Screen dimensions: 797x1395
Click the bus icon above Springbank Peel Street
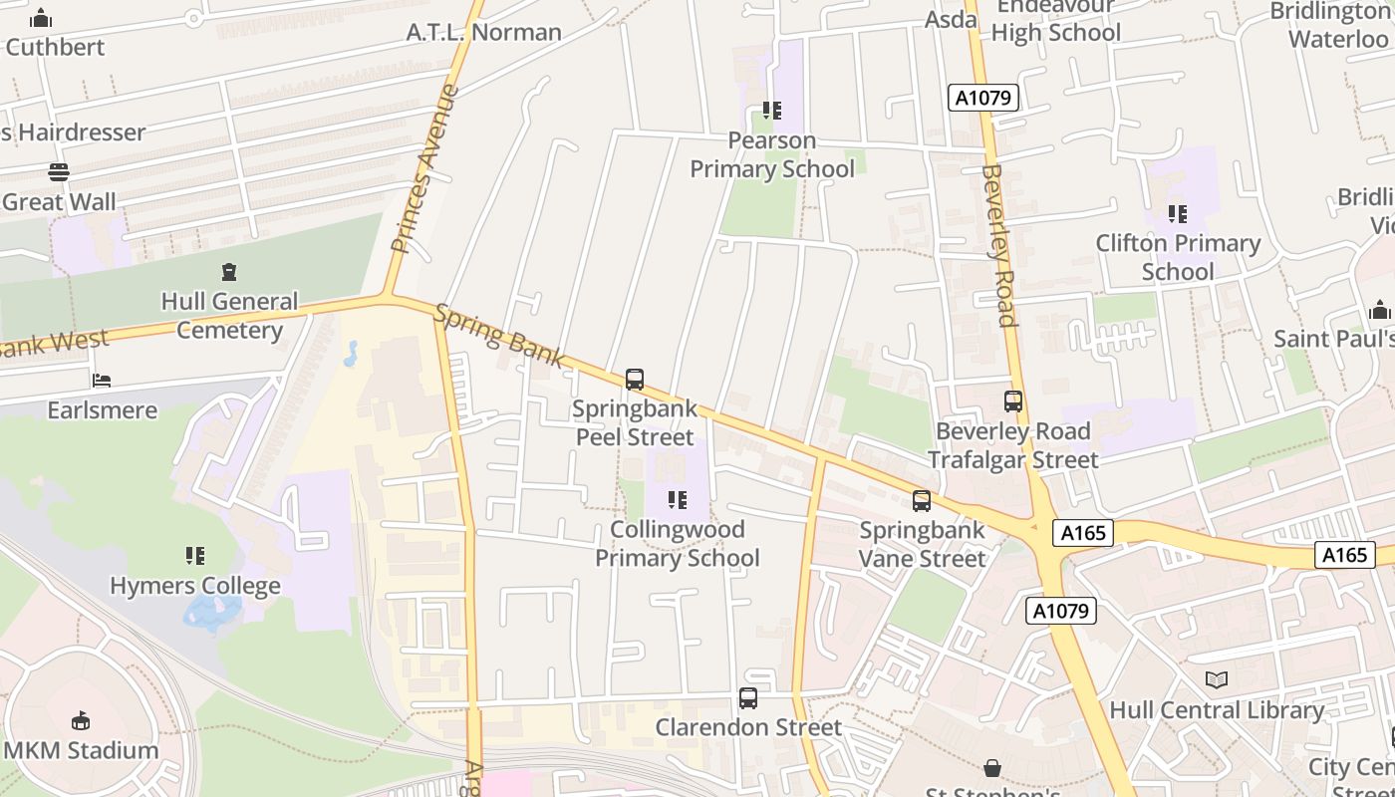pos(635,380)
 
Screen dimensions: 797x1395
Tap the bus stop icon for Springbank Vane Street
pos(922,501)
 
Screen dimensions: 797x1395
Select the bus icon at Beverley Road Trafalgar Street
pos(1013,401)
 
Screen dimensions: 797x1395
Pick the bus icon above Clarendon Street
pos(748,698)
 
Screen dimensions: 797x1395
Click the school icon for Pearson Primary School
pos(772,111)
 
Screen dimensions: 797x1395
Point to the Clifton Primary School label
pos(1178,257)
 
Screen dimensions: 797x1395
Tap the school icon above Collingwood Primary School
pos(678,499)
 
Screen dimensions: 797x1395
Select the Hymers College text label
pos(195,586)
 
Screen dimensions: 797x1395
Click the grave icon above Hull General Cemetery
pos(229,272)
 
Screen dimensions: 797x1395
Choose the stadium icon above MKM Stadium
pos(81,720)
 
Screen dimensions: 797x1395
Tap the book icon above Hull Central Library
pos(1216,680)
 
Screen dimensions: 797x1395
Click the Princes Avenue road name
pos(424,168)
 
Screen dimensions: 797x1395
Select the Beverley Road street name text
pos(998,245)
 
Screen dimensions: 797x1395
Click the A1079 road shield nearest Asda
pos(982,98)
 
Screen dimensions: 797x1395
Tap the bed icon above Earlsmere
pos(102,381)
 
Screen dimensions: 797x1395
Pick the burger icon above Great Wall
pos(59,172)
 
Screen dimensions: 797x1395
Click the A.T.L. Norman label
pos(484,32)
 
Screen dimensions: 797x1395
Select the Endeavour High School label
pos(1055,20)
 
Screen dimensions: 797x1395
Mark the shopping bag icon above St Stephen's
pos(992,768)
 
